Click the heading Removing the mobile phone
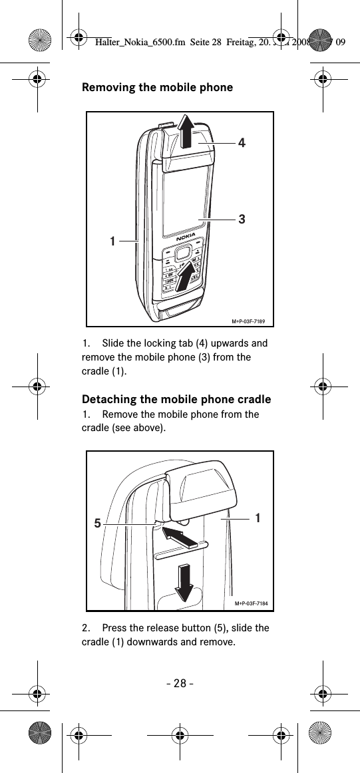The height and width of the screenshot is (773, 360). click(157, 87)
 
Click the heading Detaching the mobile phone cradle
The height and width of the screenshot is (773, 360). click(176, 399)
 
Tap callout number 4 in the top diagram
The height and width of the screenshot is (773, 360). click(242, 142)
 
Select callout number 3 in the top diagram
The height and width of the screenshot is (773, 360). click(242, 218)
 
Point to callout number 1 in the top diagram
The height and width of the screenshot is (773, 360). click(114, 240)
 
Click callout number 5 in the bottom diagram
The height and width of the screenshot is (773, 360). click(97, 524)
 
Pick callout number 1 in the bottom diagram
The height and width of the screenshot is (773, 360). click(257, 517)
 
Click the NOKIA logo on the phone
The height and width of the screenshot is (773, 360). click(186, 237)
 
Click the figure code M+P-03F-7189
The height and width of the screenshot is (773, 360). click(252, 321)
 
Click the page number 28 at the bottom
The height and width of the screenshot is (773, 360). click(180, 684)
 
